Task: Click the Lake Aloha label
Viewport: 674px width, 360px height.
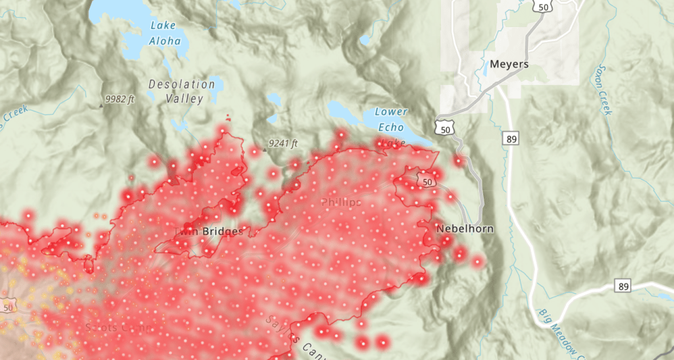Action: click(x=165, y=33)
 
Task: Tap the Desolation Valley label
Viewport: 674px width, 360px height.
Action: click(x=182, y=91)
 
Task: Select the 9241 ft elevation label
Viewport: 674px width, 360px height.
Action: click(x=283, y=143)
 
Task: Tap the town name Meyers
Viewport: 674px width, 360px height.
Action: click(x=509, y=64)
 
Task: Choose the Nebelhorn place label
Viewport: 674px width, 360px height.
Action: click(x=464, y=228)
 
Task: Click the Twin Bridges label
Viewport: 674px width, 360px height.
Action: click(x=212, y=231)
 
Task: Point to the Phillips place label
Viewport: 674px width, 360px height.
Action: click(x=340, y=202)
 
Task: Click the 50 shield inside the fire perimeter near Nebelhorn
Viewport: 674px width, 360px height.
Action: click(x=428, y=181)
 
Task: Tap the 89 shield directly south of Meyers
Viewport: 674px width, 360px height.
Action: click(x=510, y=139)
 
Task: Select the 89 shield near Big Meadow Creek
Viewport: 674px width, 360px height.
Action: click(x=623, y=286)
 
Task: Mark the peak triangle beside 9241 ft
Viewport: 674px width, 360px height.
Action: click(x=264, y=149)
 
